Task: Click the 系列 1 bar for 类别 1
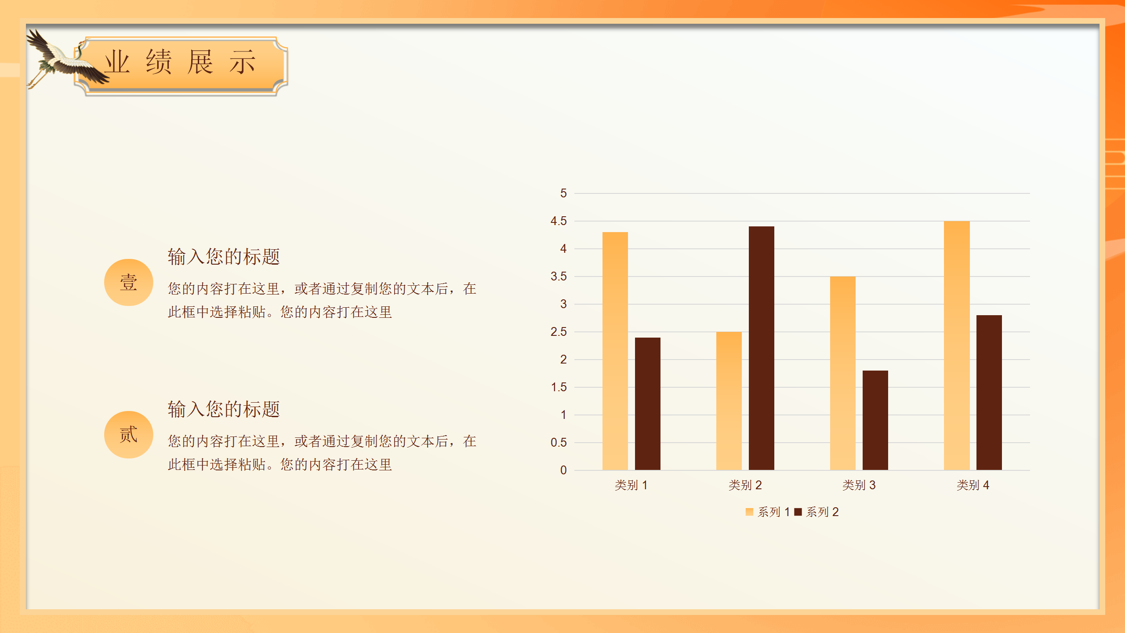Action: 615,351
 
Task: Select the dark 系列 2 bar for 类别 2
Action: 762,348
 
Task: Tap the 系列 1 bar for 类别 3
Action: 843,373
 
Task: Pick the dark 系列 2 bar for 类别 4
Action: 989,393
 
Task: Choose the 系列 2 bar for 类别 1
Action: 648,404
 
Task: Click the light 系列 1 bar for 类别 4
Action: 957,346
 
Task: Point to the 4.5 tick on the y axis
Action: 559,221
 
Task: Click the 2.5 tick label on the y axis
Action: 559,332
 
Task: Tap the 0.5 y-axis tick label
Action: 559,443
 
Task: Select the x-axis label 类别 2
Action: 745,485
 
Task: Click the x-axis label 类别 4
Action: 973,485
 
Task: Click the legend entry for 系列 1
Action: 768,512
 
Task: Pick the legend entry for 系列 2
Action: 817,512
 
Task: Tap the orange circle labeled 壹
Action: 129,282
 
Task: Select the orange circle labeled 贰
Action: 129,435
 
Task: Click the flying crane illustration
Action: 66,59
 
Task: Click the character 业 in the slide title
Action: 117,62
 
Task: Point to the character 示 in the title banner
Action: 242,62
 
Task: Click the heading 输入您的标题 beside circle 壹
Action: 224,256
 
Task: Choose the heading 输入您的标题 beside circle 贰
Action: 224,409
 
